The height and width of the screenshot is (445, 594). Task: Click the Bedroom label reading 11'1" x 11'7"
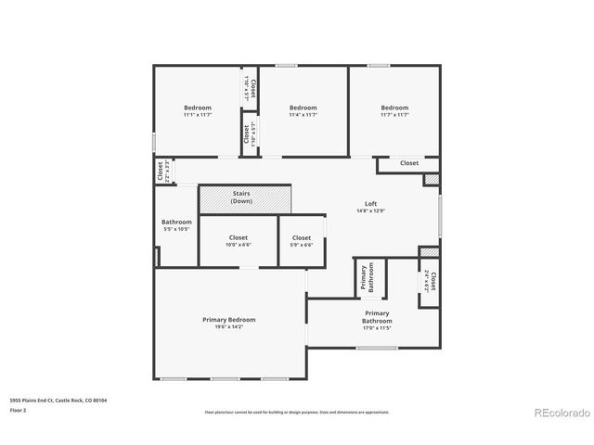click(x=197, y=110)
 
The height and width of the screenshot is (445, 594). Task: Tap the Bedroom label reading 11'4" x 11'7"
click(x=303, y=110)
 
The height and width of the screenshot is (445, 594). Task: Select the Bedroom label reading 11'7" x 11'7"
click(x=394, y=110)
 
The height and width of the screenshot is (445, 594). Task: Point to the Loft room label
click(x=370, y=204)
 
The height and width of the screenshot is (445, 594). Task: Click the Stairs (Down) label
click(x=241, y=197)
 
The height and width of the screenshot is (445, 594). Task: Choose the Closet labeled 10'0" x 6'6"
click(x=238, y=241)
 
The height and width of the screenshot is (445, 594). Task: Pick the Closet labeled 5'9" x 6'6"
click(x=301, y=241)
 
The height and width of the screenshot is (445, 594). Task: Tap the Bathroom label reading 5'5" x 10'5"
click(x=176, y=225)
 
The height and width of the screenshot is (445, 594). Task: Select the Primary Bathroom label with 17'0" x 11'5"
click(x=377, y=320)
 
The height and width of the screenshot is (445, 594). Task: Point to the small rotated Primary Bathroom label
click(x=369, y=278)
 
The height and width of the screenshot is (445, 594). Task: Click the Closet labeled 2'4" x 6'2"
click(x=430, y=282)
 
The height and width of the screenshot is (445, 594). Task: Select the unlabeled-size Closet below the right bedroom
click(x=408, y=163)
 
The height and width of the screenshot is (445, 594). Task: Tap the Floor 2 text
click(x=19, y=409)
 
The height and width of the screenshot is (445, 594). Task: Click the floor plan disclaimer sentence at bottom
click(x=296, y=412)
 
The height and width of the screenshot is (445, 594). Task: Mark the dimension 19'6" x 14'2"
click(x=228, y=325)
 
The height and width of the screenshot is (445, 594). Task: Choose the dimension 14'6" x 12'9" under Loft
click(x=370, y=210)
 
